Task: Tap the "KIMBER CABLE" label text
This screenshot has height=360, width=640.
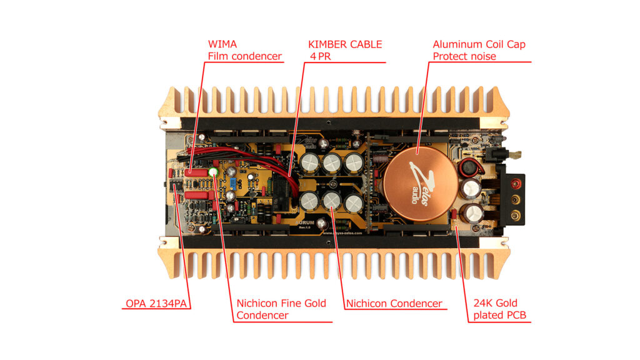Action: click(344, 44)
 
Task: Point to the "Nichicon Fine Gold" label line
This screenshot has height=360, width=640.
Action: click(281, 304)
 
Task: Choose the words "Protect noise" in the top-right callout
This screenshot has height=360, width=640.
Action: click(464, 56)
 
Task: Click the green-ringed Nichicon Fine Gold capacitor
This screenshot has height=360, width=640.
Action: click(214, 172)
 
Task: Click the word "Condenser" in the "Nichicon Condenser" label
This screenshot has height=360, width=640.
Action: click(416, 304)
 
